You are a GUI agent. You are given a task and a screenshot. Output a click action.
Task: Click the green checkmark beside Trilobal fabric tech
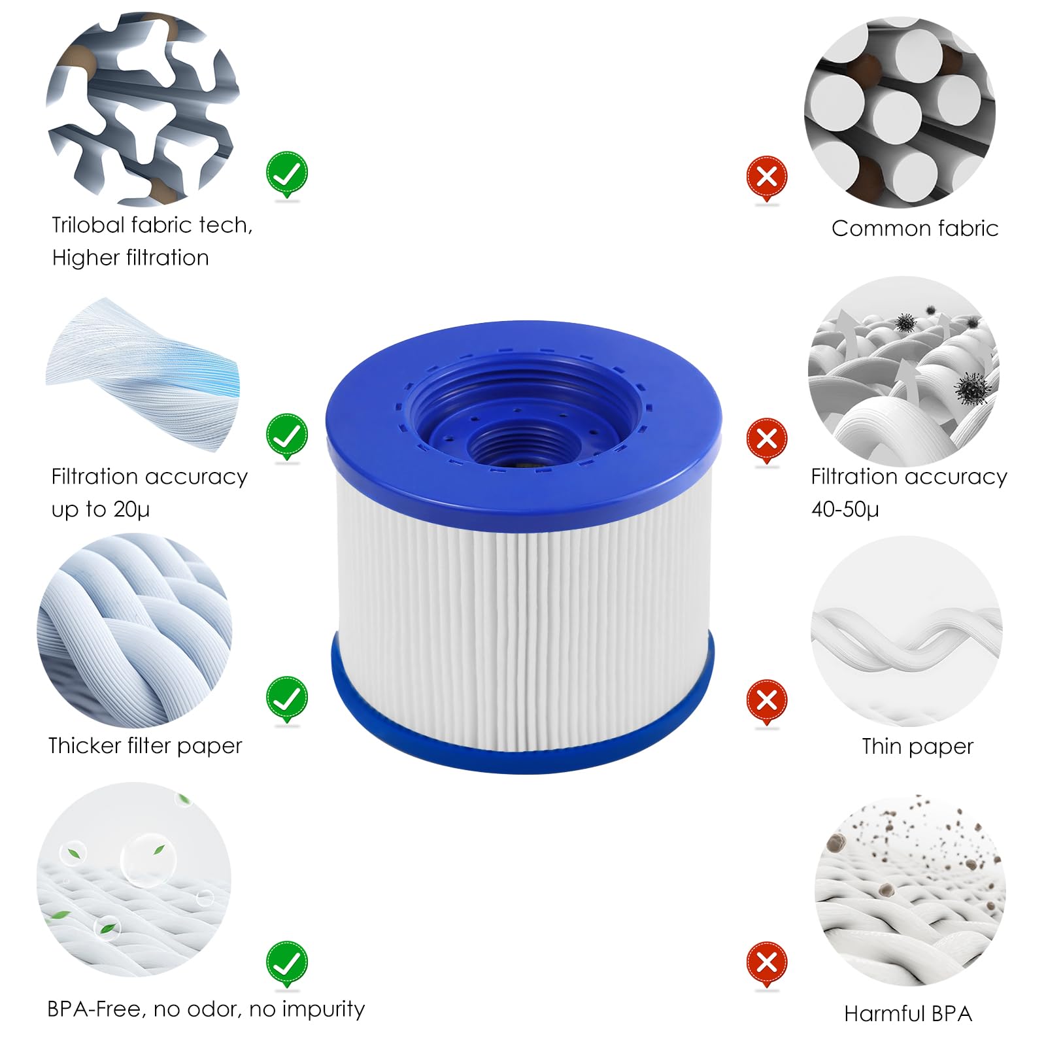tap(286, 173)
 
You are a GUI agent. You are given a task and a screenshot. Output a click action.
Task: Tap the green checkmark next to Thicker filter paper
tap(286, 698)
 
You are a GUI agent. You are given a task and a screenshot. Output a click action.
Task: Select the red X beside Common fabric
tap(767, 176)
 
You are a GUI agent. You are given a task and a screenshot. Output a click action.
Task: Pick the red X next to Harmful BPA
tap(767, 962)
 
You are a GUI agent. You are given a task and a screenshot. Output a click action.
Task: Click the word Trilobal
tap(88, 226)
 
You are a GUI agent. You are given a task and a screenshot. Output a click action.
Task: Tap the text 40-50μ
tap(845, 509)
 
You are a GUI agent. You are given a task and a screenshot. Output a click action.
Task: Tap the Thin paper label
tap(917, 747)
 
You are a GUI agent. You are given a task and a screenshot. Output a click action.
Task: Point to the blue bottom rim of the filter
tap(523, 752)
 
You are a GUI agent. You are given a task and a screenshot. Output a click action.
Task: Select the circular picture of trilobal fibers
tap(143, 108)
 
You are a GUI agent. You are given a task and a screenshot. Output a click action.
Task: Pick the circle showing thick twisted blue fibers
tap(135, 631)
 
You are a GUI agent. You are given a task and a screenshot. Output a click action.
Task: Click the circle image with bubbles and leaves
tap(134, 879)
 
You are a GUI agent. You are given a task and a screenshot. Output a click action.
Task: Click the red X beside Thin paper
tap(767, 700)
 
